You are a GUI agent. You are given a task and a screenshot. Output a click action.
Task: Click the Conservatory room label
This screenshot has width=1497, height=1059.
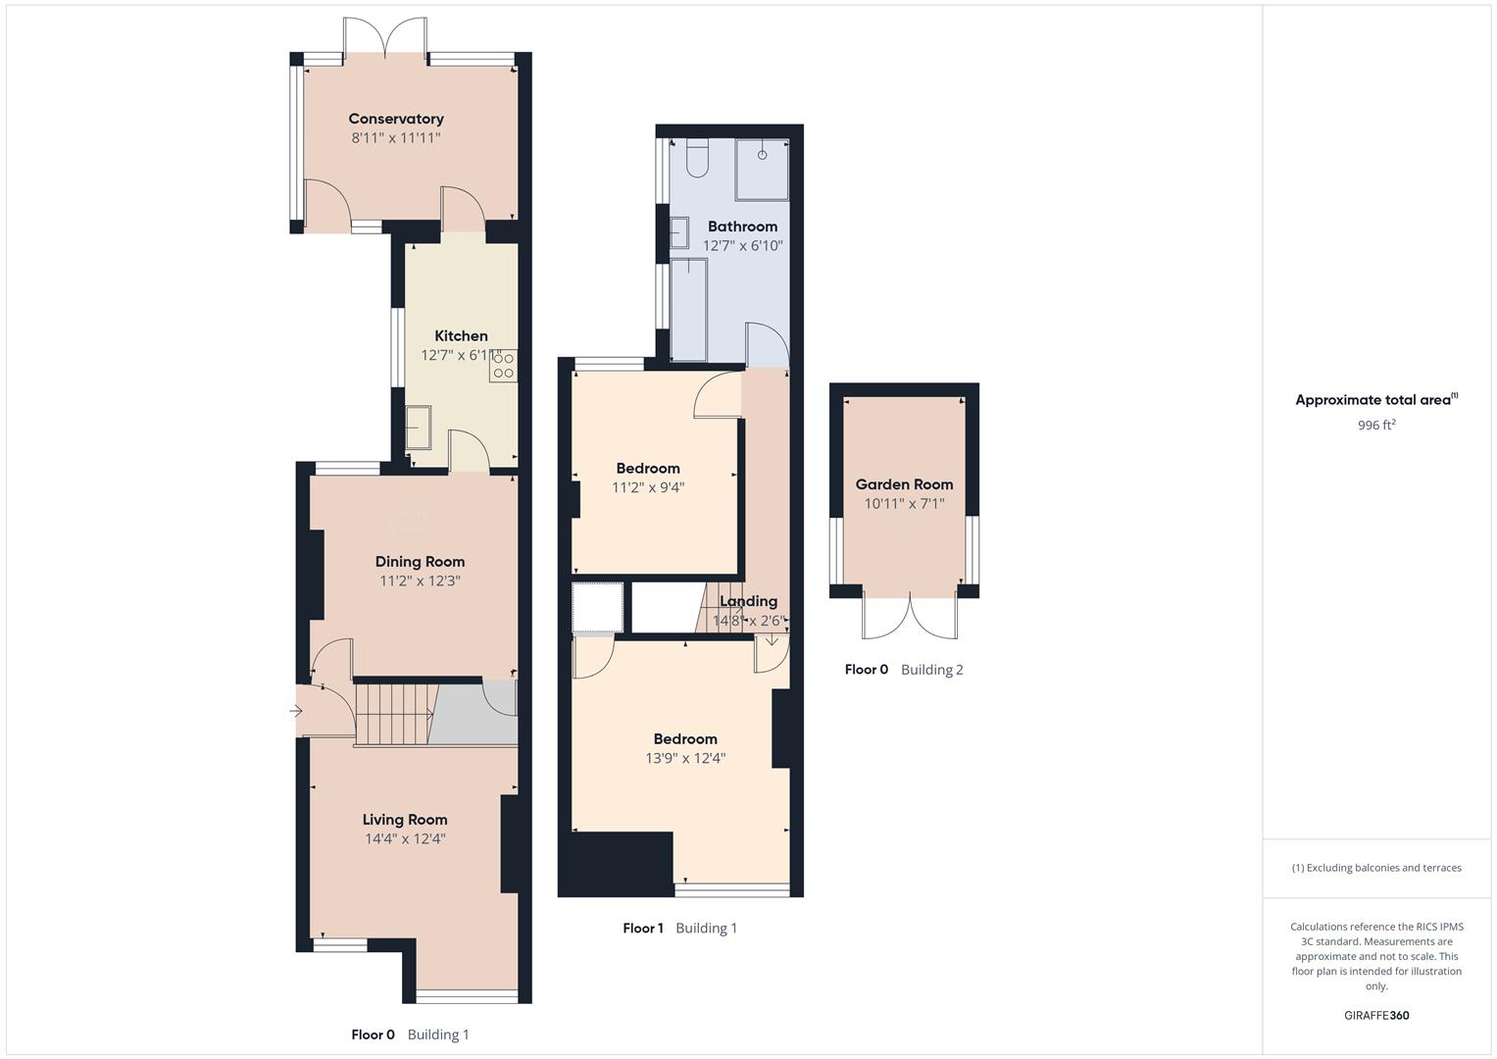click(x=396, y=119)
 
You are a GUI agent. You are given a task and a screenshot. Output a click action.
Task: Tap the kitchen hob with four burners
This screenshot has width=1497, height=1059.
click(x=504, y=367)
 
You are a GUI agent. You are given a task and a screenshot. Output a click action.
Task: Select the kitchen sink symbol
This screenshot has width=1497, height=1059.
click(x=419, y=428)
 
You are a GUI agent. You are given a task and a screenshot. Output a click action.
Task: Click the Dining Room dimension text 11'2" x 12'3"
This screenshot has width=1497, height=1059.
click(x=420, y=580)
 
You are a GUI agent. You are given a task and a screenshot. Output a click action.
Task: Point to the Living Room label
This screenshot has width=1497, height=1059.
click(x=405, y=820)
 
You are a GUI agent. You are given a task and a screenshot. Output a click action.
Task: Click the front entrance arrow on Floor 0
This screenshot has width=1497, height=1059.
click(x=296, y=712)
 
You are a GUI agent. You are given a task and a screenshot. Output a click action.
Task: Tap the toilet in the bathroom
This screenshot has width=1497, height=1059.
click(x=697, y=159)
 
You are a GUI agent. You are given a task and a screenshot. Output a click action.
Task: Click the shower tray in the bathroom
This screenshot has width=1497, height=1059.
click(x=763, y=163)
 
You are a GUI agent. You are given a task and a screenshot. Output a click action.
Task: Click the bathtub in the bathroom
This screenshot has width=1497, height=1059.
click(x=689, y=309)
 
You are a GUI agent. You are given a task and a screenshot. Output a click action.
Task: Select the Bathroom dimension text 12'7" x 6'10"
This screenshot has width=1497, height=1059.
click(x=743, y=246)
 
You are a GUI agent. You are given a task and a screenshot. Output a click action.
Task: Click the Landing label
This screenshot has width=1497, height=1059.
click(x=748, y=601)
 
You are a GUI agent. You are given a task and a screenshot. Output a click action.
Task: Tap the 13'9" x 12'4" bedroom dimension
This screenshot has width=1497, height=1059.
click(x=685, y=758)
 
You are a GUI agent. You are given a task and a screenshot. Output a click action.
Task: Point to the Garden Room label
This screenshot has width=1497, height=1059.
click(x=904, y=484)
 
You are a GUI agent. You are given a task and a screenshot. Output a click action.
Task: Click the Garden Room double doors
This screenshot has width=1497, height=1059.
click(x=910, y=616)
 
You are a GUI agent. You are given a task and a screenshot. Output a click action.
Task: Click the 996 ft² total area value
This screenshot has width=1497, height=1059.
click(x=1376, y=426)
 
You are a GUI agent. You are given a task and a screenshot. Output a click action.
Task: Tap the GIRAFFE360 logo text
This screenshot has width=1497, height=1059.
click(x=1376, y=1015)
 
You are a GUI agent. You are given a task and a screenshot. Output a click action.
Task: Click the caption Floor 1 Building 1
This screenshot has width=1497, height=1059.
click(x=679, y=928)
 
